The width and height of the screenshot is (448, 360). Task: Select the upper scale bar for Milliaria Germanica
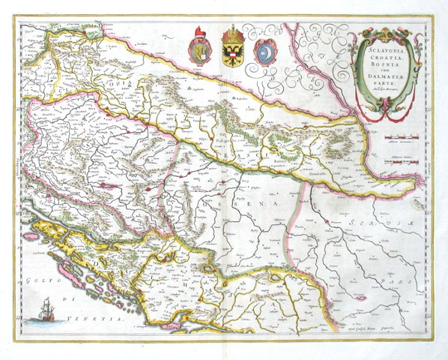pyautogui.click(x=402, y=138)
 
